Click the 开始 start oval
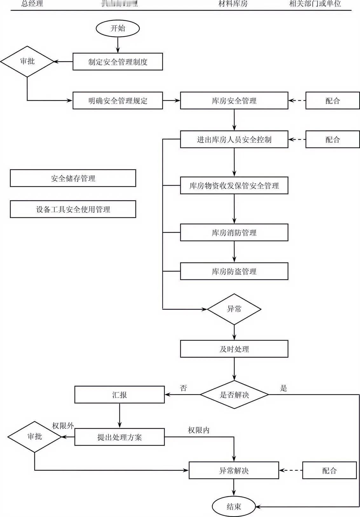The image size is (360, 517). click(118, 28)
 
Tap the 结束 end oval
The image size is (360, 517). click(234, 507)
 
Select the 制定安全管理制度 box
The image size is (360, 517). click(118, 62)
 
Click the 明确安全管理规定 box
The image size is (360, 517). click(118, 101)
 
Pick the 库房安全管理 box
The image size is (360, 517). click(234, 101)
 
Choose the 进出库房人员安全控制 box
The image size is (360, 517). click(234, 139)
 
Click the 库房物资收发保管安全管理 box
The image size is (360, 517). click(234, 185)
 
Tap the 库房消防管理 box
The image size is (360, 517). click(234, 232)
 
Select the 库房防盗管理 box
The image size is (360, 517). click(234, 271)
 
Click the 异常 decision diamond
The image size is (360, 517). click(234, 309)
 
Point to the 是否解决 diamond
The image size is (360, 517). click(234, 395)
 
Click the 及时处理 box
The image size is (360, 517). click(234, 349)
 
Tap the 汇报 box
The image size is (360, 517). click(119, 395)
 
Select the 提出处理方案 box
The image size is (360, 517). click(119, 437)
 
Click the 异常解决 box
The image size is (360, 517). click(234, 470)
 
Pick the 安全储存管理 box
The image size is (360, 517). click(73, 178)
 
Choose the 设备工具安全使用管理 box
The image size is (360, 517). click(73, 209)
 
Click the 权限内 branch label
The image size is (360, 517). click(199, 430)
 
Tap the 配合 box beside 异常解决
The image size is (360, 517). click(329, 470)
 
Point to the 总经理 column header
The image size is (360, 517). click(32, 4)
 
